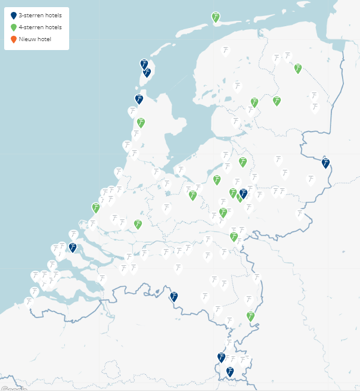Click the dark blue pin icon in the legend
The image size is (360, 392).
coord(14,16)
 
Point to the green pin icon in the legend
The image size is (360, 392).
coord(14,27)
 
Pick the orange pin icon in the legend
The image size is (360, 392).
coord(14,39)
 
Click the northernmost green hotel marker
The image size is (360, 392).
coord(215,17)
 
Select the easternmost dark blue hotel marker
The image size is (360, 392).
coord(325,163)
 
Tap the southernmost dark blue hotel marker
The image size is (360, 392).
coord(229,372)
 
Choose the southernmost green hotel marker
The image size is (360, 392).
coord(251,316)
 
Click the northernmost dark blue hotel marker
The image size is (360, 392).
coord(144,64)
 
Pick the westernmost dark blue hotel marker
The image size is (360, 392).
coord(73,247)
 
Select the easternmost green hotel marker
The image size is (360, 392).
coord(297,69)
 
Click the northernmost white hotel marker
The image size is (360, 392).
coord(225,51)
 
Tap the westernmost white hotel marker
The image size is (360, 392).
coord(28,302)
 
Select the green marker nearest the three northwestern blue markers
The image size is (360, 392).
coord(141,123)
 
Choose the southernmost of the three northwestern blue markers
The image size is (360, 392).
coord(139,99)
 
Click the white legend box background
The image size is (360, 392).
coord(60,45)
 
